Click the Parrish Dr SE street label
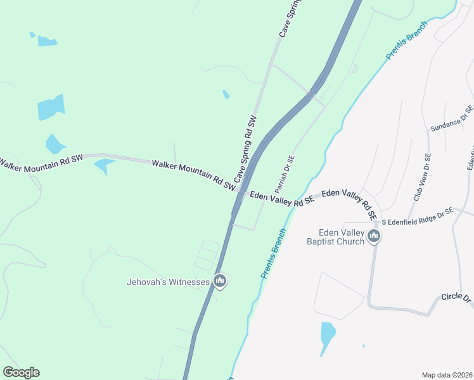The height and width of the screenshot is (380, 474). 285,175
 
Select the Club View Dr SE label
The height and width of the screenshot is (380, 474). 422,178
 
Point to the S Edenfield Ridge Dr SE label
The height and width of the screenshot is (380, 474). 417,215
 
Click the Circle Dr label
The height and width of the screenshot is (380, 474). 457,297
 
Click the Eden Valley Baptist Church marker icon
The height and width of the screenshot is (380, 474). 374,237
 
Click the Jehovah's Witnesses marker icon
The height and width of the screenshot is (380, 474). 220,281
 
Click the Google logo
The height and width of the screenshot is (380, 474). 21,372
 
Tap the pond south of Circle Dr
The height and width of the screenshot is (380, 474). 327,335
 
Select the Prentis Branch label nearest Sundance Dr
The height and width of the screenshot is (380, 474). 407,41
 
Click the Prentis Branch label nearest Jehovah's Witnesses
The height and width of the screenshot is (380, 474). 274,253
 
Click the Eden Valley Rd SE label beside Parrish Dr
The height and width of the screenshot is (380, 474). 282,199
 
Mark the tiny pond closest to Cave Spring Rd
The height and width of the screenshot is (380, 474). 226,95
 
